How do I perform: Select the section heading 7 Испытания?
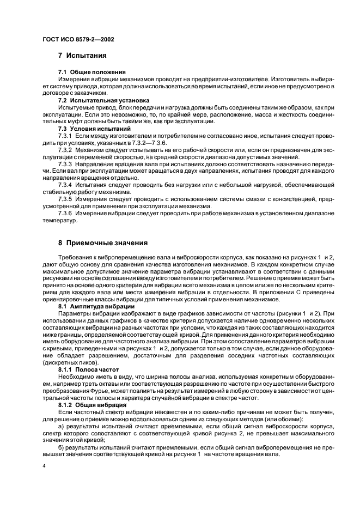pyautogui.click(x=82, y=56)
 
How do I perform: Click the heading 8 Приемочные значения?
pyautogui.click(x=102, y=242)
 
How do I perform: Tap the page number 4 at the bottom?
pyautogui.click(x=44, y=467)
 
